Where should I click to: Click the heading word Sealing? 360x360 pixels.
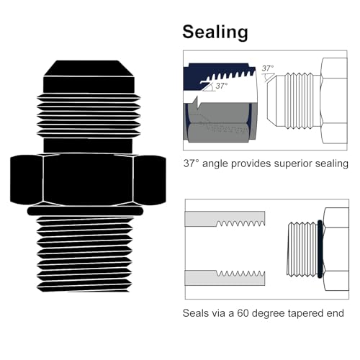215,32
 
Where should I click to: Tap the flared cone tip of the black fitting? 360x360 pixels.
89,68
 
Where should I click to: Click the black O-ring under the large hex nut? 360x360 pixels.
85,211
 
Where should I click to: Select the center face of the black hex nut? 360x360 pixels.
88,179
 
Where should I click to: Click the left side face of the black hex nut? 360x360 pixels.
27,179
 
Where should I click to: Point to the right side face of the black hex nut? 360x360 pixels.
150,180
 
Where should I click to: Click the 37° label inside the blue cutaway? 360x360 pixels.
222,86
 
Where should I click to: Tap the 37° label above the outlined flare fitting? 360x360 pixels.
268,68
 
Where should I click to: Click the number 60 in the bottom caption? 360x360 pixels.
243,313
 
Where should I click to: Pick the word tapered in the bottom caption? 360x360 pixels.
305,314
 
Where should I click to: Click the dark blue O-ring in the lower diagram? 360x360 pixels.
320,249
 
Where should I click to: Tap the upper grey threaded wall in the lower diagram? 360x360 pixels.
225,219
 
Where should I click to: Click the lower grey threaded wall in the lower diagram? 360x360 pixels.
225,278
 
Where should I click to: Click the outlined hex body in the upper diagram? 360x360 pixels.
334,101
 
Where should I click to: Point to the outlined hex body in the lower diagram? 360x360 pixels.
336,249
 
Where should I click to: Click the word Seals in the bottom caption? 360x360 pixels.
196,313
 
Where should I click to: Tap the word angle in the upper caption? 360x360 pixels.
215,164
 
